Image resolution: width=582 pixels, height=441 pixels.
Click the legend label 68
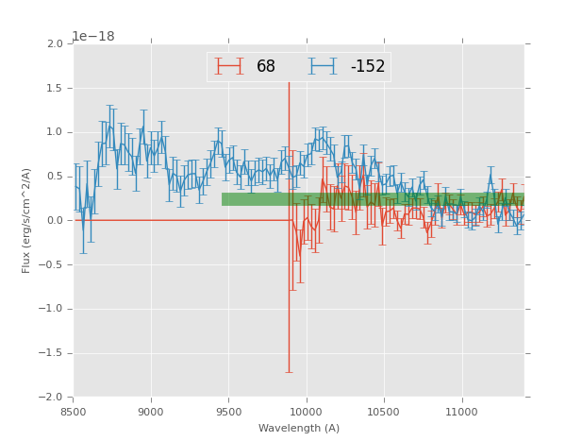265,67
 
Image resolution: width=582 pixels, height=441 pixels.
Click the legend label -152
367,67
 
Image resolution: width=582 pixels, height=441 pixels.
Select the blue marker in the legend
324,66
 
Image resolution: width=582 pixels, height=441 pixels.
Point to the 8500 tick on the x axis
74,412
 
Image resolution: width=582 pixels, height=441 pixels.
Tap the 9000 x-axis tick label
151,412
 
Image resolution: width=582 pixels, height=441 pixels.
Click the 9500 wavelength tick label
228,412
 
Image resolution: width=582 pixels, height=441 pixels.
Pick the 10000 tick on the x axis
307,412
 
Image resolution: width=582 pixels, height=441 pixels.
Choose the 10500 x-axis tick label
384,412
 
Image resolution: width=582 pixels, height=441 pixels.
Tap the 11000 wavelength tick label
461,412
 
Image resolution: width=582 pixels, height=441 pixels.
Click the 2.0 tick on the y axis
55,44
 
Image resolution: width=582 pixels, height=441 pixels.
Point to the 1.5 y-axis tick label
55,89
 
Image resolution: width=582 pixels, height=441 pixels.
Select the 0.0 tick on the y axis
55,221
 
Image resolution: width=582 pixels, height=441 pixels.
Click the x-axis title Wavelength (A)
299,429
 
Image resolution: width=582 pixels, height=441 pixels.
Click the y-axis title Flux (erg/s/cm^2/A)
26,220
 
